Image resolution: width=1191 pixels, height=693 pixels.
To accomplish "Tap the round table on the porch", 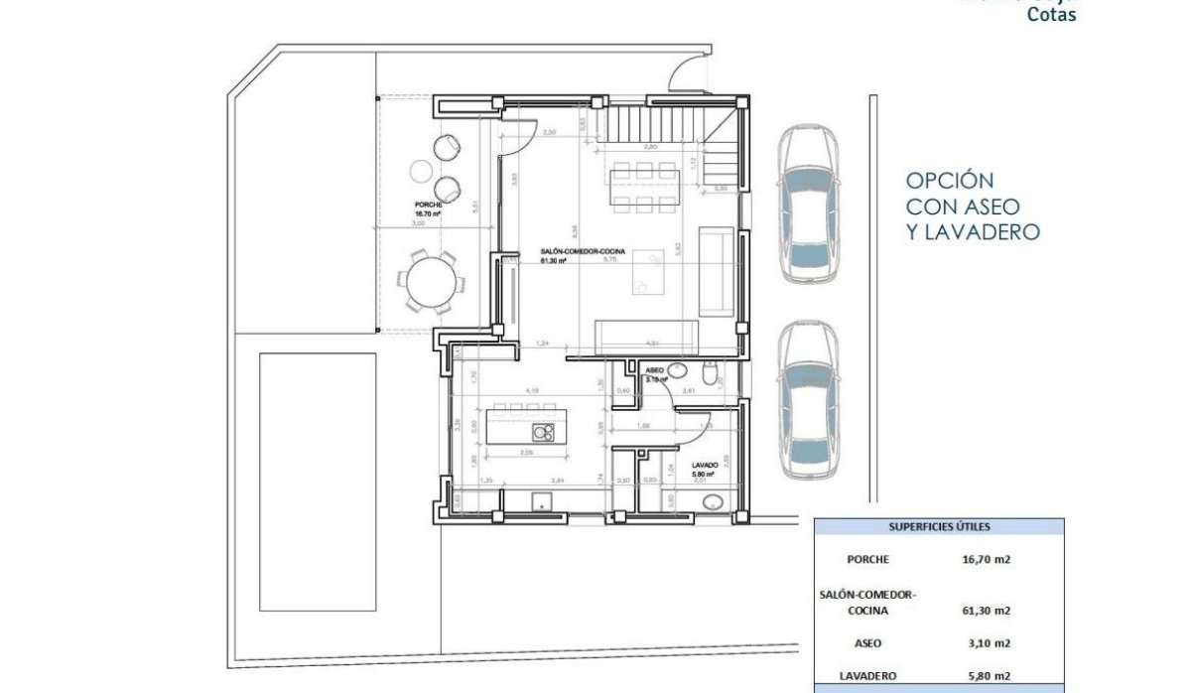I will tap(433, 284).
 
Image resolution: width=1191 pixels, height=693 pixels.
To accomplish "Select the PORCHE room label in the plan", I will tap(428, 207).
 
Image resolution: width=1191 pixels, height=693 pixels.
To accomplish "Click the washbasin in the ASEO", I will tap(676, 370).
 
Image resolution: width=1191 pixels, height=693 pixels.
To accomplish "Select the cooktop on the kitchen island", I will tap(543, 432).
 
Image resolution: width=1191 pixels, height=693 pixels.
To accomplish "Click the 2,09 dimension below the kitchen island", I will tap(526, 453).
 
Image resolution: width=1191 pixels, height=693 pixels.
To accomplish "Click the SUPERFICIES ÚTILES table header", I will tap(938, 528).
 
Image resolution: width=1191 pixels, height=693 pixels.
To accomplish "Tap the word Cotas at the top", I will tap(1050, 14).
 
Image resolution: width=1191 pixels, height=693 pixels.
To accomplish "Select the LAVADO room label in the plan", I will tap(706, 465).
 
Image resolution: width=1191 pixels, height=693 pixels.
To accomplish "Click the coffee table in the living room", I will tap(648, 271).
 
